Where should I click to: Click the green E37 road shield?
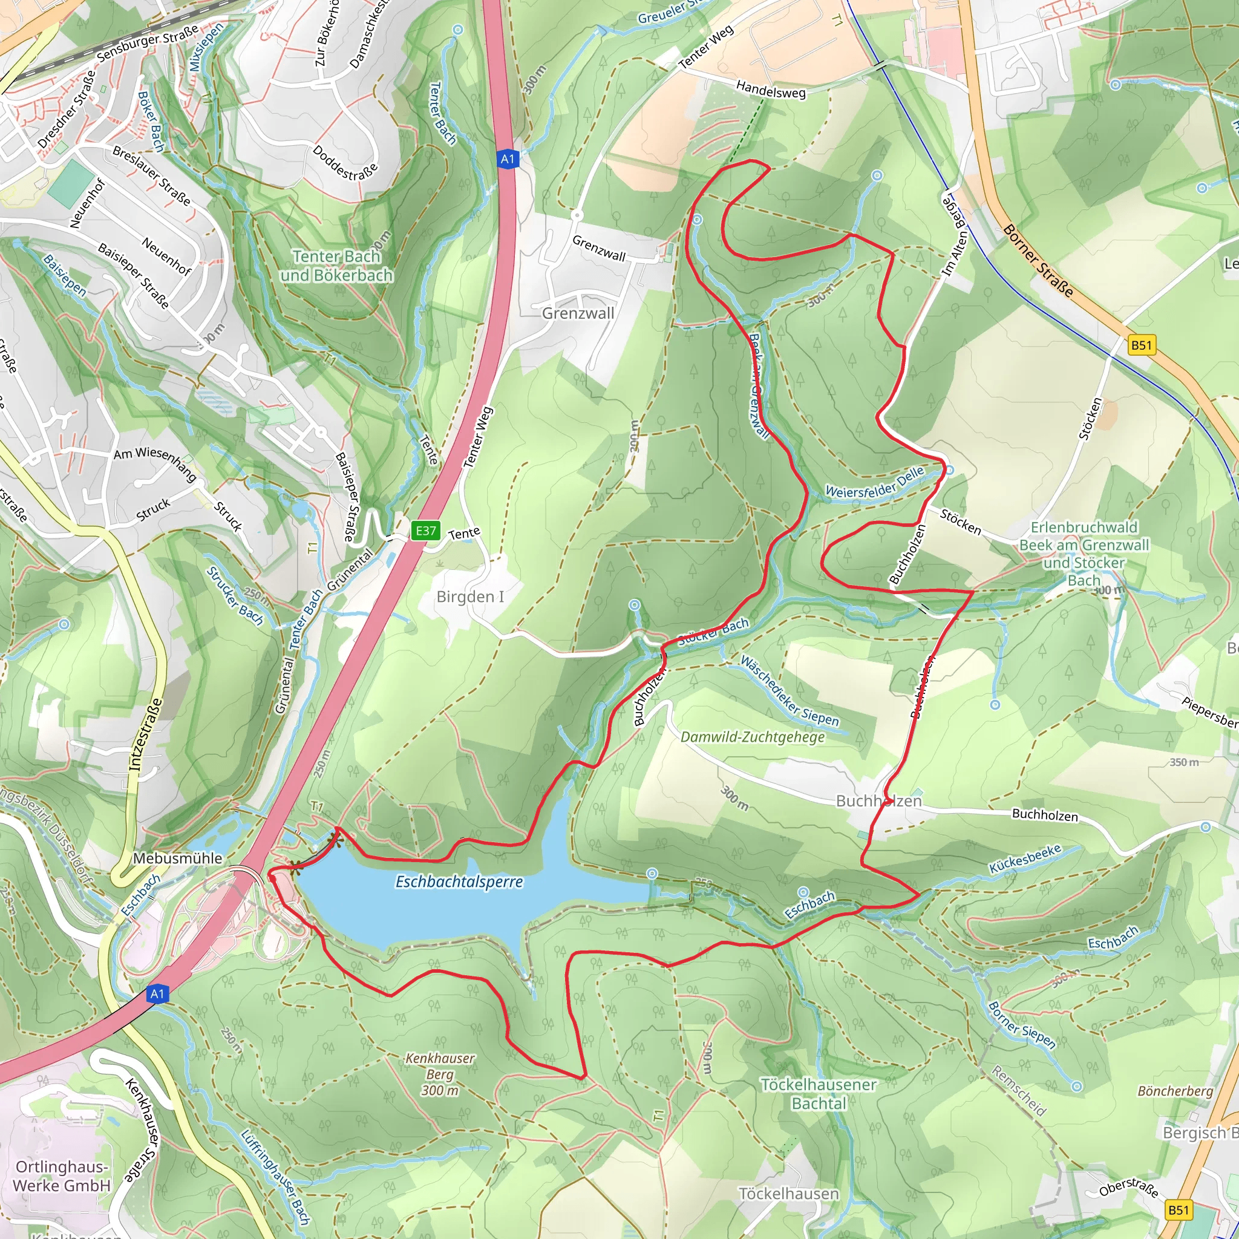click(x=426, y=531)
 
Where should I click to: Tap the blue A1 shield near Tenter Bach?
click(x=507, y=159)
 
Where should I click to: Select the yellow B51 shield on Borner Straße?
click(x=1142, y=345)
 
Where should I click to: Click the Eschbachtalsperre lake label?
click(x=459, y=882)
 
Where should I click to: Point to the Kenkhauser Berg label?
click(x=440, y=1074)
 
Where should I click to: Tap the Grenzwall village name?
click(x=578, y=313)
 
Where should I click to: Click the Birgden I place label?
click(x=470, y=597)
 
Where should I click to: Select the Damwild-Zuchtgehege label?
click(x=752, y=737)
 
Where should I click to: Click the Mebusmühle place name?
click(x=177, y=858)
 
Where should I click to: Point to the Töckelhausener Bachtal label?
click(x=819, y=1094)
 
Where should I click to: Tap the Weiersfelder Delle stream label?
click(x=874, y=482)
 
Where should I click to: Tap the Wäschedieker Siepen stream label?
click(x=789, y=691)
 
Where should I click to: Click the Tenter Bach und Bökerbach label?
click(x=337, y=266)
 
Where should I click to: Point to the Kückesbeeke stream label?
click(x=1025, y=858)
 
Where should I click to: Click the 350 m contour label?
click(x=1184, y=762)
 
